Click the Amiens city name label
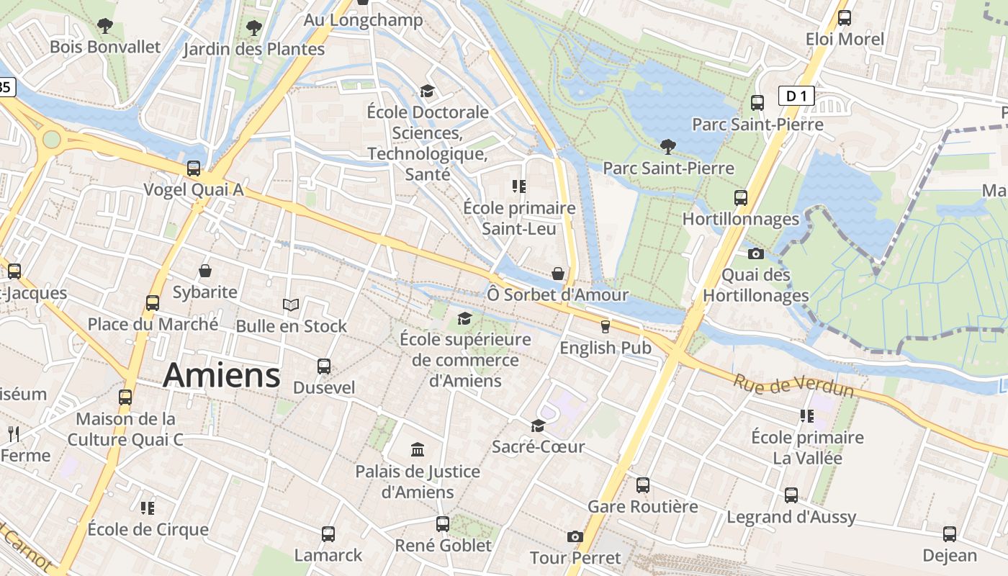click(x=221, y=375)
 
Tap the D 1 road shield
click(x=796, y=96)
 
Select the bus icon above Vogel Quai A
click(x=194, y=168)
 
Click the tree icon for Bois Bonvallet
click(x=105, y=26)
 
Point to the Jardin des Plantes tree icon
click(x=253, y=28)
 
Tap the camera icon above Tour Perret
click(x=575, y=536)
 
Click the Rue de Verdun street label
click(x=793, y=386)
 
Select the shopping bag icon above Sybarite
click(x=205, y=271)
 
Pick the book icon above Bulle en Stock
click(x=291, y=305)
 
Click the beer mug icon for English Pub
click(x=606, y=326)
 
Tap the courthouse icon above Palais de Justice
click(x=418, y=450)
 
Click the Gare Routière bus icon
click(x=643, y=485)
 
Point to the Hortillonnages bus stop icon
click(x=741, y=198)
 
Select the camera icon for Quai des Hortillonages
click(x=755, y=253)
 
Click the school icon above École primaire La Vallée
click(x=806, y=416)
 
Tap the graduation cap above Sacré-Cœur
click(x=538, y=426)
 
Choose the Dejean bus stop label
click(x=950, y=555)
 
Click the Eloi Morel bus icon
click(x=845, y=18)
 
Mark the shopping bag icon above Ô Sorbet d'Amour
click(x=558, y=274)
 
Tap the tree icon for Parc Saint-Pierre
click(x=668, y=147)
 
